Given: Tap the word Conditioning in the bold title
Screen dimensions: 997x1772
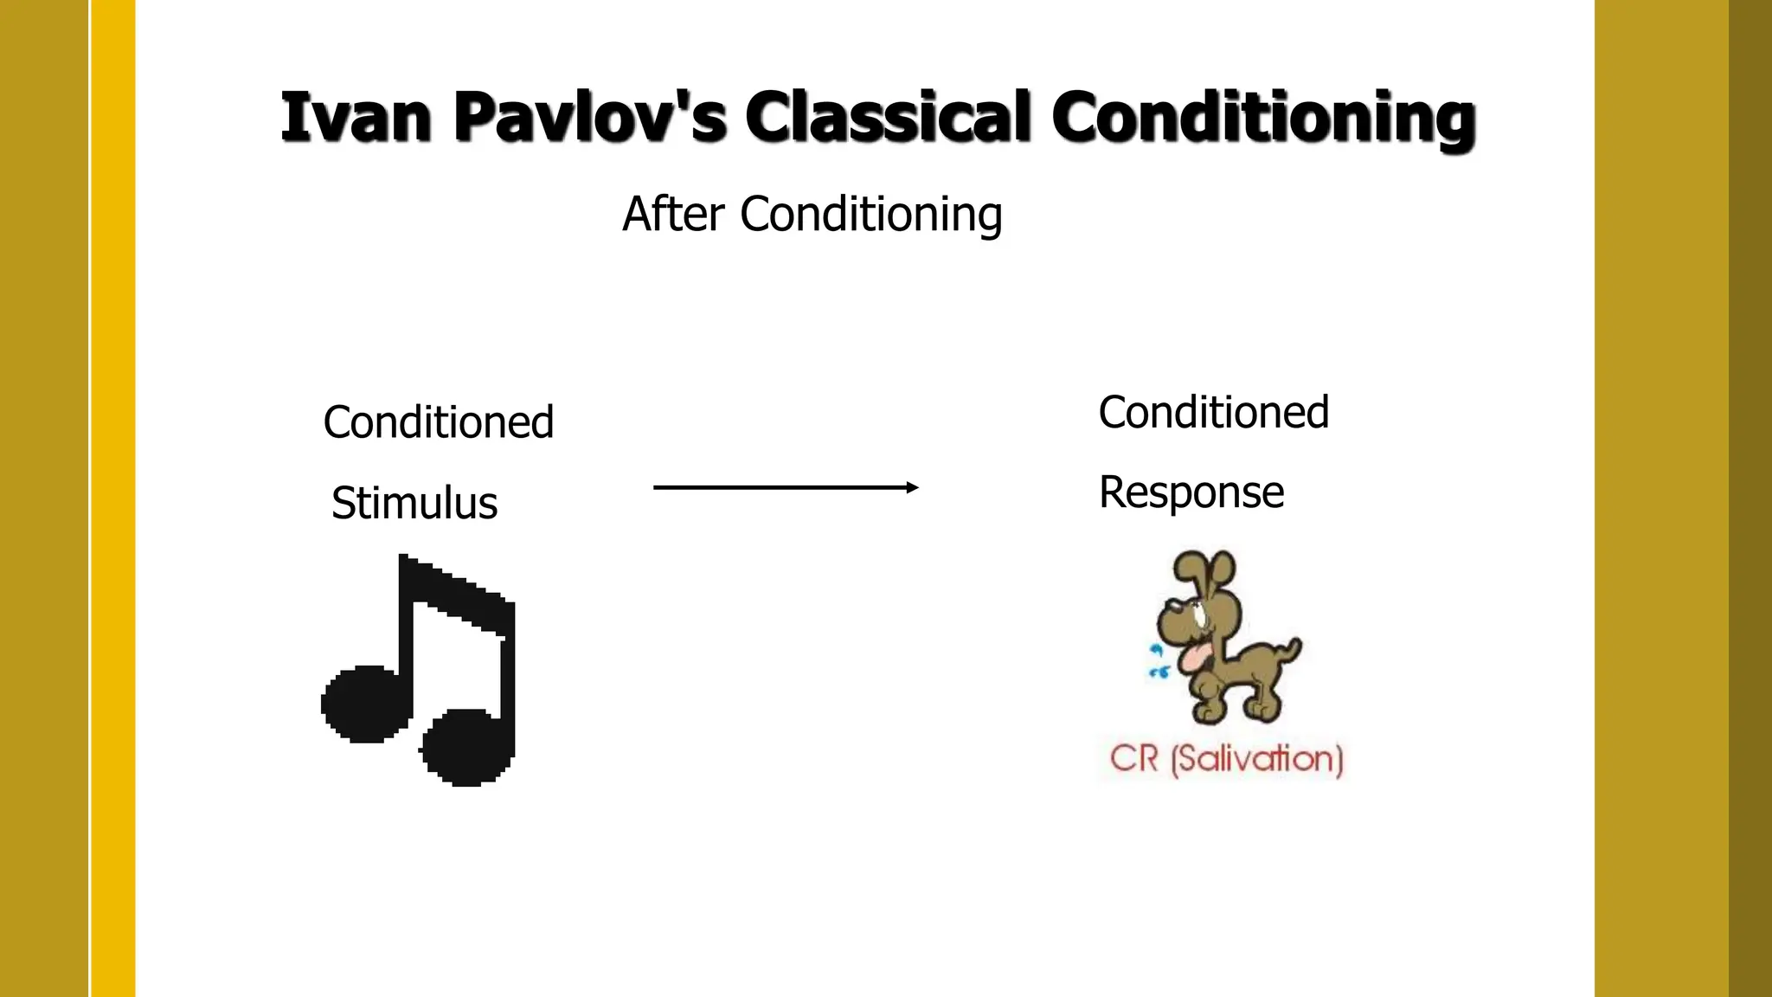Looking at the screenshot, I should point(1263,119).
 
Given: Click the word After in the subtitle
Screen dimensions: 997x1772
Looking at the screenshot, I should point(672,214).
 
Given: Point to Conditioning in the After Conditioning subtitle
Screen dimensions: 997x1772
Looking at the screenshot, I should point(870,215).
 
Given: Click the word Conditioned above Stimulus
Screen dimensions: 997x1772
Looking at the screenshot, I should point(438,422).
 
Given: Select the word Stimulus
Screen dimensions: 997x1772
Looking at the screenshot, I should point(414,503).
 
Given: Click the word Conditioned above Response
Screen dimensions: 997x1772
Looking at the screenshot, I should point(1213,412).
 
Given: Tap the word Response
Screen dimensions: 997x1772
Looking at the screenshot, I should point(1191,492).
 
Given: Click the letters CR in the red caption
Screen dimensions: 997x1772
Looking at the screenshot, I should point(1133,759).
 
